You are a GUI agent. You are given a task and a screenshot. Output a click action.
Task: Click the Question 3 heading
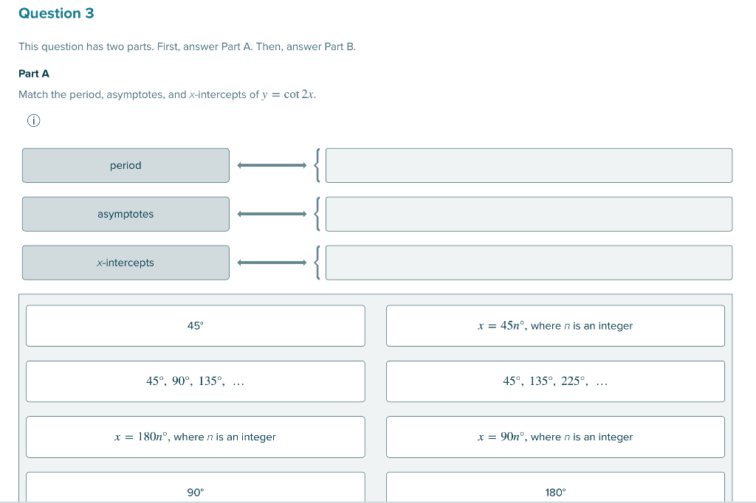[56, 13]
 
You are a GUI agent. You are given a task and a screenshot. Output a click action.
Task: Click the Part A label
[34, 74]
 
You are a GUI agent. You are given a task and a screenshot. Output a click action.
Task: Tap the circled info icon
[33, 120]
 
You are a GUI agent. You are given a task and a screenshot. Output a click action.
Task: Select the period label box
[126, 165]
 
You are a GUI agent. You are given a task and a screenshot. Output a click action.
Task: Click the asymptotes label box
[126, 214]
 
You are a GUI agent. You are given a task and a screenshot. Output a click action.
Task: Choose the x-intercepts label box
[126, 263]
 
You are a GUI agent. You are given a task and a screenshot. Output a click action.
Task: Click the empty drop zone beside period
[529, 165]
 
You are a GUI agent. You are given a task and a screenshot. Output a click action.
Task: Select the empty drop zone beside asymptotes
[529, 214]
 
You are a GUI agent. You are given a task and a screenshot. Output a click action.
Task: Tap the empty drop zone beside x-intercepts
[529, 263]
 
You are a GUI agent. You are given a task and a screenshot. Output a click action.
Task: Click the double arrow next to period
[272, 165]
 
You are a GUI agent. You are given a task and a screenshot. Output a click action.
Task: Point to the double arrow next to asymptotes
[272, 214]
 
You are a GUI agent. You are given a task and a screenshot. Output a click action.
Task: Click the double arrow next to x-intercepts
[272, 263]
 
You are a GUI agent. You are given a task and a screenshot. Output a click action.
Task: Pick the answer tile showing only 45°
[195, 326]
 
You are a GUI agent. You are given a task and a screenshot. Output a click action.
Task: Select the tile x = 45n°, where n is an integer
[555, 326]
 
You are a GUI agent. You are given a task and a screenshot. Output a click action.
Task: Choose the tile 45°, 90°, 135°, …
[195, 381]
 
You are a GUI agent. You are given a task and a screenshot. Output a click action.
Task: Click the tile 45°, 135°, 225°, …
[555, 381]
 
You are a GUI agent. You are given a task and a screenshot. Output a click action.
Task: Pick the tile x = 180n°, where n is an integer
[195, 437]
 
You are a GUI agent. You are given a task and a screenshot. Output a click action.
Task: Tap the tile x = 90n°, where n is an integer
[555, 437]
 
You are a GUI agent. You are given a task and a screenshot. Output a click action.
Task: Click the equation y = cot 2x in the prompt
[288, 94]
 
